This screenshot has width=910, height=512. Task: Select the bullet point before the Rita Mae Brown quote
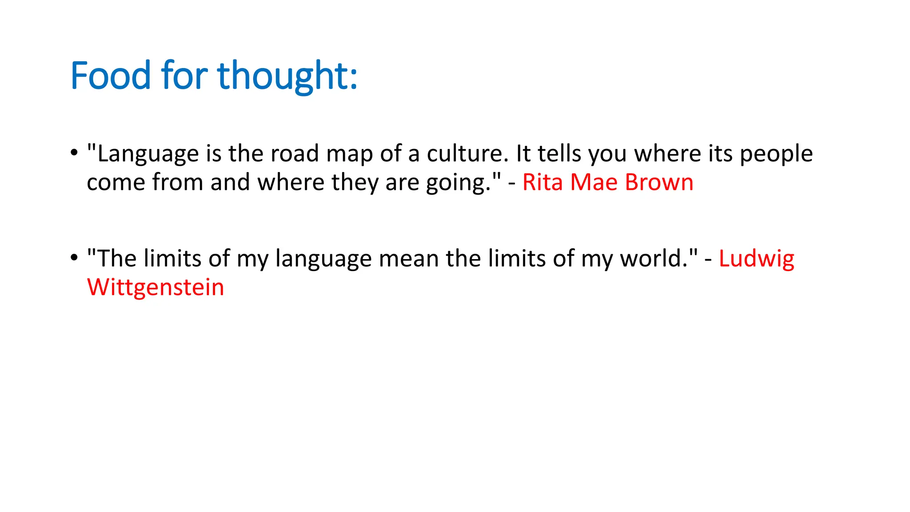pyautogui.click(x=74, y=152)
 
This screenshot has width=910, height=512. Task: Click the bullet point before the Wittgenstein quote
pyautogui.click(x=74, y=257)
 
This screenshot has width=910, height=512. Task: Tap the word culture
pyautogui.click(x=467, y=154)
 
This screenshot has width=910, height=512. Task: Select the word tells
pyautogui.click(x=559, y=154)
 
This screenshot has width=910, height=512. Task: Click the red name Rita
pyautogui.click(x=542, y=182)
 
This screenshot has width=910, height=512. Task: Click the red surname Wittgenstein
pyautogui.click(x=156, y=288)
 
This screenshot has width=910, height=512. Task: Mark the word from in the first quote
pyautogui.click(x=177, y=182)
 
